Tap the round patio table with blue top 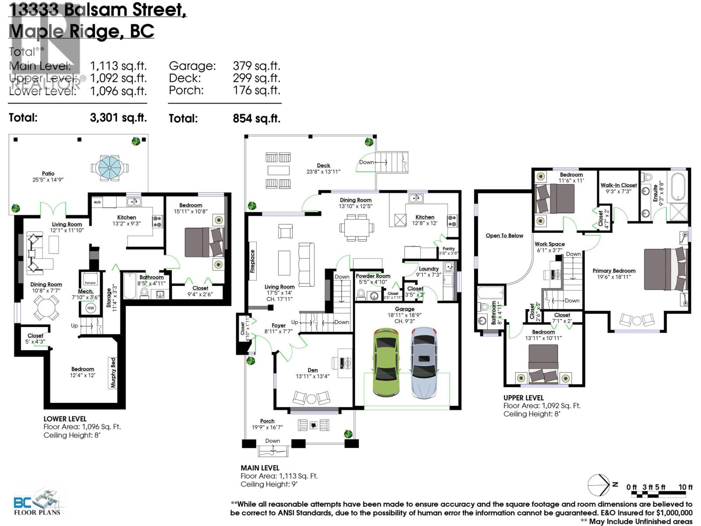[x=110, y=167]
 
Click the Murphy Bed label [x=113, y=373]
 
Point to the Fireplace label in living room [x=252, y=261]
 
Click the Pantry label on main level [x=449, y=249]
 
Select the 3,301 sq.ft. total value [x=118, y=118]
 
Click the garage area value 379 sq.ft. [x=256, y=66]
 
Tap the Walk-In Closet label [x=618, y=185]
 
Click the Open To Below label [x=504, y=235]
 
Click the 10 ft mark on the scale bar [x=685, y=487]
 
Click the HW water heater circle [x=91, y=308]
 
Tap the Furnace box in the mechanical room [x=90, y=283]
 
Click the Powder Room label [x=373, y=276]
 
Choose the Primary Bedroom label [x=614, y=270]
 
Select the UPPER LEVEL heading [x=523, y=398]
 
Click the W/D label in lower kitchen [x=97, y=203]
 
